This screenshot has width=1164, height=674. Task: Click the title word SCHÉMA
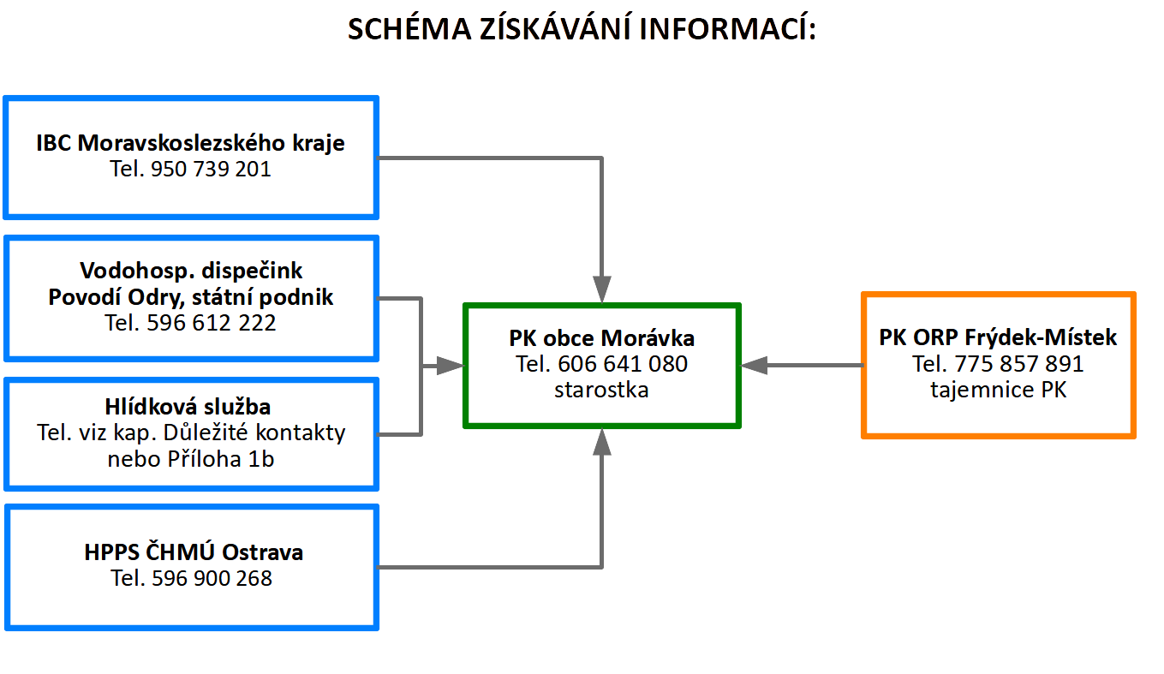(x=409, y=28)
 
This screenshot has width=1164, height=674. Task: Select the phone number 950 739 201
(x=211, y=169)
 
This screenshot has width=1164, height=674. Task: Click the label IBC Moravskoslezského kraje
(x=190, y=143)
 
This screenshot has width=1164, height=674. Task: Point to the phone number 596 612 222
(x=211, y=323)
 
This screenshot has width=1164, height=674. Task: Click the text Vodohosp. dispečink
(x=191, y=271)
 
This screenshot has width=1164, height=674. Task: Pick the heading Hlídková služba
(x=188, y=407)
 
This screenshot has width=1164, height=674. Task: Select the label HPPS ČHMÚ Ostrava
(x=194, y=552)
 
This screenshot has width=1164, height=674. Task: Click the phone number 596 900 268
(x=212, y=578)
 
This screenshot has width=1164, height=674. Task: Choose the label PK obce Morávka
(x=602, y=338)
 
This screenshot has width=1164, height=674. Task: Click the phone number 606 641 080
(x=623, y=364)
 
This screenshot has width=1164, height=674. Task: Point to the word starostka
(x=601, y=390)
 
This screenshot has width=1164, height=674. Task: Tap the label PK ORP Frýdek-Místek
(x=998, y=337)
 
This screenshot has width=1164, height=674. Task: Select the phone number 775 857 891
(x=1019, y=364)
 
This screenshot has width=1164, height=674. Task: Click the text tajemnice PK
(x=998, y=390)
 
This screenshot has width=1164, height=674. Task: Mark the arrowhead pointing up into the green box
(x=602, y=442)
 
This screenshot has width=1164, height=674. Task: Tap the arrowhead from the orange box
(x=754, y=366)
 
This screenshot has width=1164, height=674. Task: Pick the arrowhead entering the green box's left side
(x=450, y=366)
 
